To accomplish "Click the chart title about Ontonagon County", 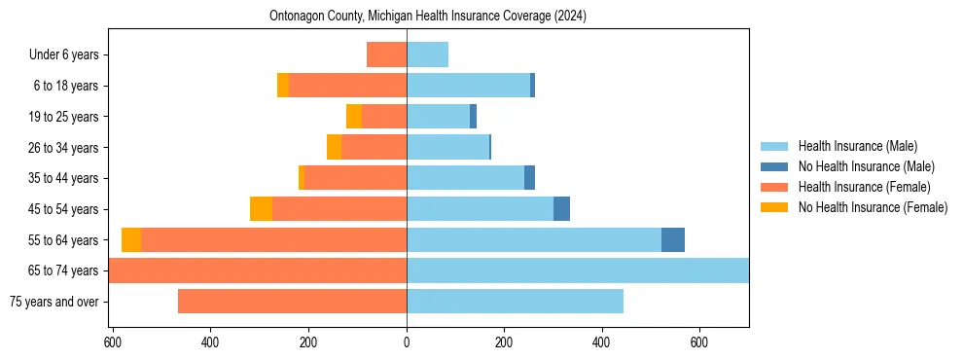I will tap(428, 17).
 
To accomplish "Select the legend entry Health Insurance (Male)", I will tap(857, 146).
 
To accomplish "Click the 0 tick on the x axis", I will tap(407, 342).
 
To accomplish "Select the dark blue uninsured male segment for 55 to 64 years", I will tap(672, 240).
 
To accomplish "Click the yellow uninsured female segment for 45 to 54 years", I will tap(261, 209).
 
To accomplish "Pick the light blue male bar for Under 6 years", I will tap(427, 55).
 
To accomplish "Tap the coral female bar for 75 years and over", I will tap(292, 302).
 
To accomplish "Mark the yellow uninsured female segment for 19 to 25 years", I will tap(354, 117).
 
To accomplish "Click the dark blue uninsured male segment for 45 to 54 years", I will tap(561, 209).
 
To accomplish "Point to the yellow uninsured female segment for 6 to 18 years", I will tap(283, 86).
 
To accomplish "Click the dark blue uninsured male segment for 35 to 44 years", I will tap(529, 178).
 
